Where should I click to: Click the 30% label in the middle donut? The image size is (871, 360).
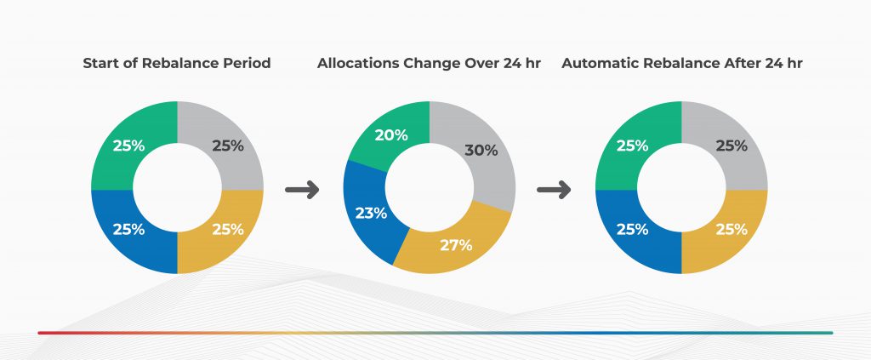coord(481,150)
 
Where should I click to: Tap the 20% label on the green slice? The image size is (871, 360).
coord(391,135)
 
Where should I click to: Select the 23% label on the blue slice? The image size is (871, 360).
coord(371,213)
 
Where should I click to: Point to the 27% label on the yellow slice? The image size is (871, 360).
coord(456,245)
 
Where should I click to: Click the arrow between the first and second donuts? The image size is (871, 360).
coord(302,190)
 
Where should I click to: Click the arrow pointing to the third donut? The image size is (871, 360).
coord(554,190)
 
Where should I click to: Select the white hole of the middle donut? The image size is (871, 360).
coord(430,187)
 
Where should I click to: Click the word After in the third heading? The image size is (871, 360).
coord(743,63)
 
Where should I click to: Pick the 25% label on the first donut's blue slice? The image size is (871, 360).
coord(129,229)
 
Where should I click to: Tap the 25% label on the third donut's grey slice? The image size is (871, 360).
coord(732,146)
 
